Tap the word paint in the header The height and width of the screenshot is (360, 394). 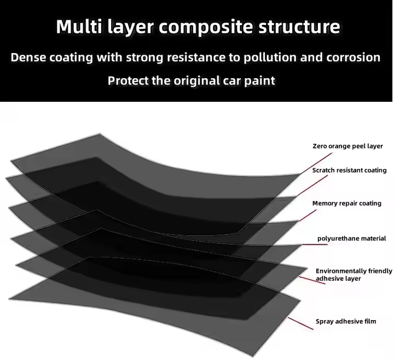click(x=259, y=81)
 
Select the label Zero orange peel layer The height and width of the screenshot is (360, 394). click(x=347, y=146)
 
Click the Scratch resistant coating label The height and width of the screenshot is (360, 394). click(x=349, y=170)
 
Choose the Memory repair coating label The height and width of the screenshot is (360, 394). click(x=346, y=204)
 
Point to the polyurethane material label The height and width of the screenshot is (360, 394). click(x=352, y=239)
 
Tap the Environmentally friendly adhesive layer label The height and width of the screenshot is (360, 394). click(x=354, y=275)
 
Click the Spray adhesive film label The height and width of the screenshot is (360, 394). click(x=346, y=321)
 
